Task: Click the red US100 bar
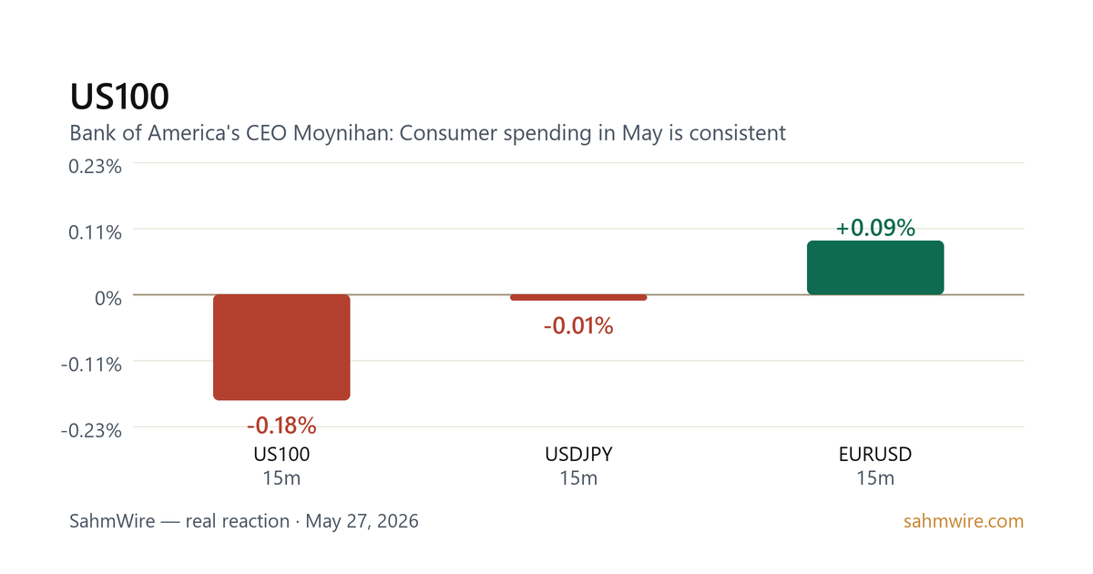[281, 347]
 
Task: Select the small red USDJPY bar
[578, 297]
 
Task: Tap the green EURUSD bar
[875, 268]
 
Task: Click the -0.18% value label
[281, 425]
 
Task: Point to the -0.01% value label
[578, 326]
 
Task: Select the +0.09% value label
[875, 228]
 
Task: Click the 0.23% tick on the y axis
[95, 167]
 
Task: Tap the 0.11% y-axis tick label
[95, 232]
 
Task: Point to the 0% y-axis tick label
[107, 298]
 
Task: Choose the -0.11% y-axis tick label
[91, 364]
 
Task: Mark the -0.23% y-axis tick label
[91, 430]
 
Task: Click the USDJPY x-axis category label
[578, 455]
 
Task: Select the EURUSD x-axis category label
[875, 455]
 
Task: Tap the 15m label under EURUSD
[875, 478]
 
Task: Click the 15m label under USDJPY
[578, 478]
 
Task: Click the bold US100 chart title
[119, 97]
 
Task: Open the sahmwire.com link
[964, 521]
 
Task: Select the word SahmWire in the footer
[112, 521]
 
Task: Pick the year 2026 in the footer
[397, 521]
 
